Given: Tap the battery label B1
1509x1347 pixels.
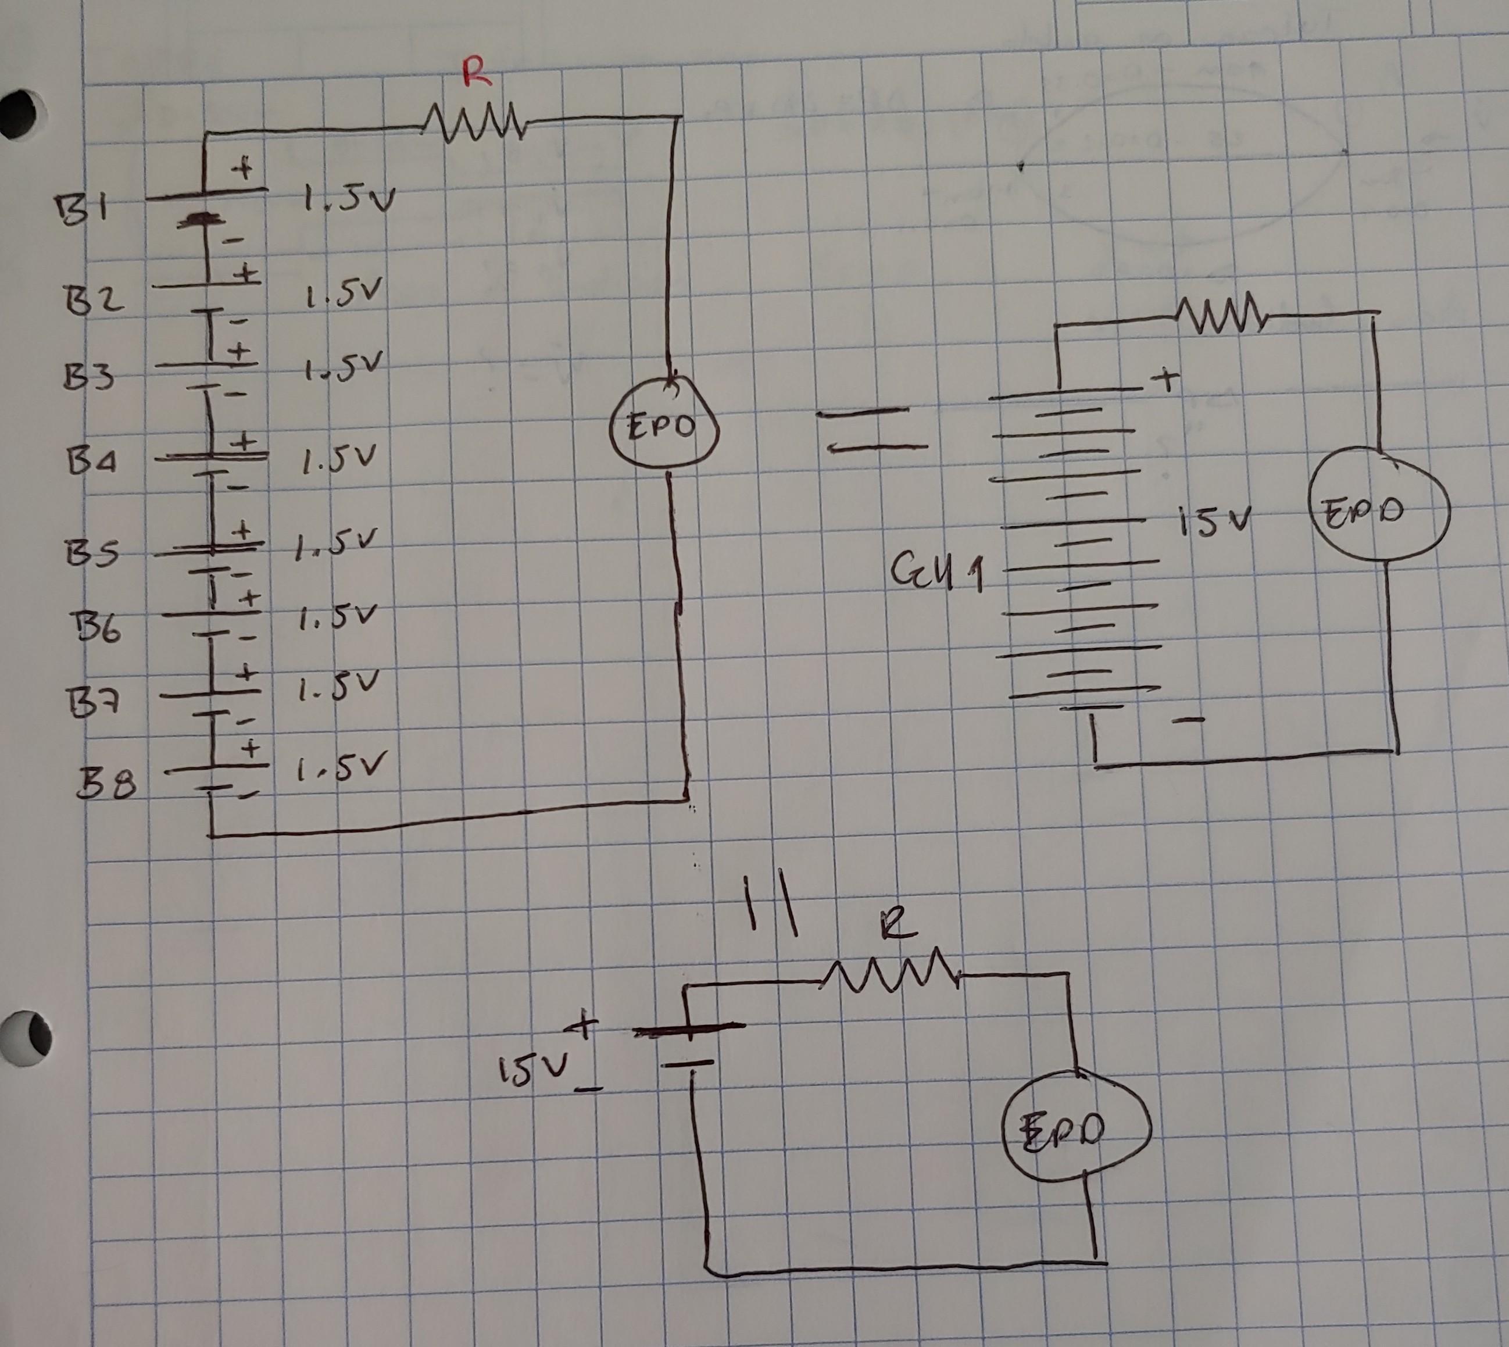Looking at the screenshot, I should tap(83, 209).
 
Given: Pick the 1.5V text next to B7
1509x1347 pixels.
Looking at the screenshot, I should tap(339, 688).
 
